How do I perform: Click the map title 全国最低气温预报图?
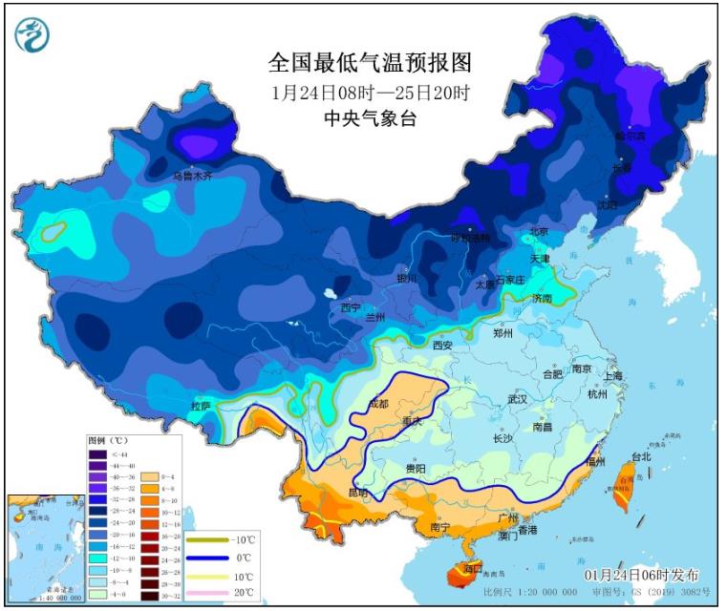[370, 64]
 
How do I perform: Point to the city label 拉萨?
[200, 406]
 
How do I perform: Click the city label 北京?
[539, 232]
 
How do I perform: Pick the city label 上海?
[612, 375]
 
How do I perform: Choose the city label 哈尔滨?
[630, 136]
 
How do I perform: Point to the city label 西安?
[441, 345]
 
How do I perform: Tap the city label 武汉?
[518, 399]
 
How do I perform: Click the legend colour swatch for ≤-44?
[96, 453]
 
